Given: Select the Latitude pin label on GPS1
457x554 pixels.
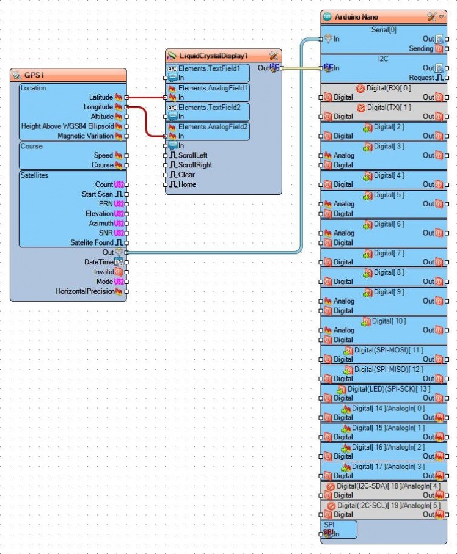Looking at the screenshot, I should click(101, 97).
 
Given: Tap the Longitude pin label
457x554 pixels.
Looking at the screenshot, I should click(98, 107).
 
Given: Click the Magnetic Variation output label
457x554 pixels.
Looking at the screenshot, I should click(85, 136).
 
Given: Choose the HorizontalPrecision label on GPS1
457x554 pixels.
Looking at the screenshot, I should click(85, 291).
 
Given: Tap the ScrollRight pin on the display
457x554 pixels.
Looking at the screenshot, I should click(195, 165).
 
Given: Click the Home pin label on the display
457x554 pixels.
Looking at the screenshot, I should click(187, 184).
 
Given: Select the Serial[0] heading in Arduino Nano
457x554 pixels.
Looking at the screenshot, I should click(384, 29).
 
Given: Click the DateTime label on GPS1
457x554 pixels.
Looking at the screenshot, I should click(98, 262).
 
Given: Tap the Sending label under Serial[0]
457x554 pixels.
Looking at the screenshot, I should click(420, 48).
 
